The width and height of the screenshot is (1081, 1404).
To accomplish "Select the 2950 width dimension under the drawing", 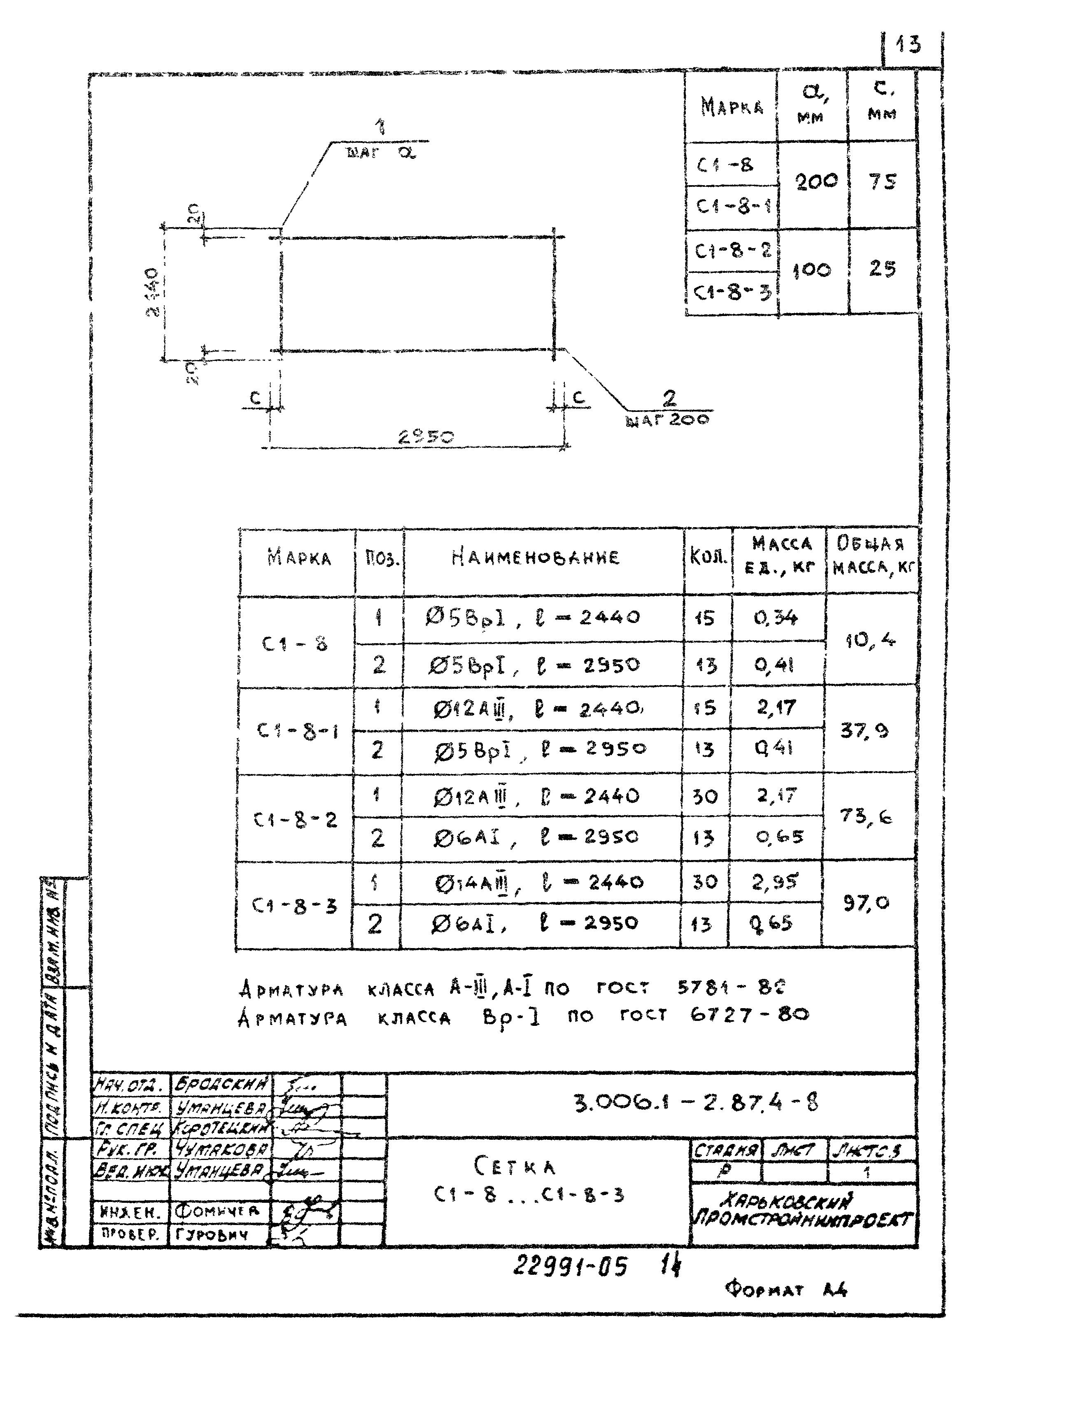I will pos(426,437).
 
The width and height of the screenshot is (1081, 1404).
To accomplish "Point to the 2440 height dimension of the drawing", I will pos(152,293).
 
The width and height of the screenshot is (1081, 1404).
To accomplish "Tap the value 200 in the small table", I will pos(816,182).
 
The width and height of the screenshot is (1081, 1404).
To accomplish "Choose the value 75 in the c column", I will pos(882,182).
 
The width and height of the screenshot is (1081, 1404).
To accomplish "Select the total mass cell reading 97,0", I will pos(866,903).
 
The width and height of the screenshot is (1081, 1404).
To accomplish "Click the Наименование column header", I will pos(535,557).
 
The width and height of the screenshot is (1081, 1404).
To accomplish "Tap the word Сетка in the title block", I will pos(515,1165).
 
